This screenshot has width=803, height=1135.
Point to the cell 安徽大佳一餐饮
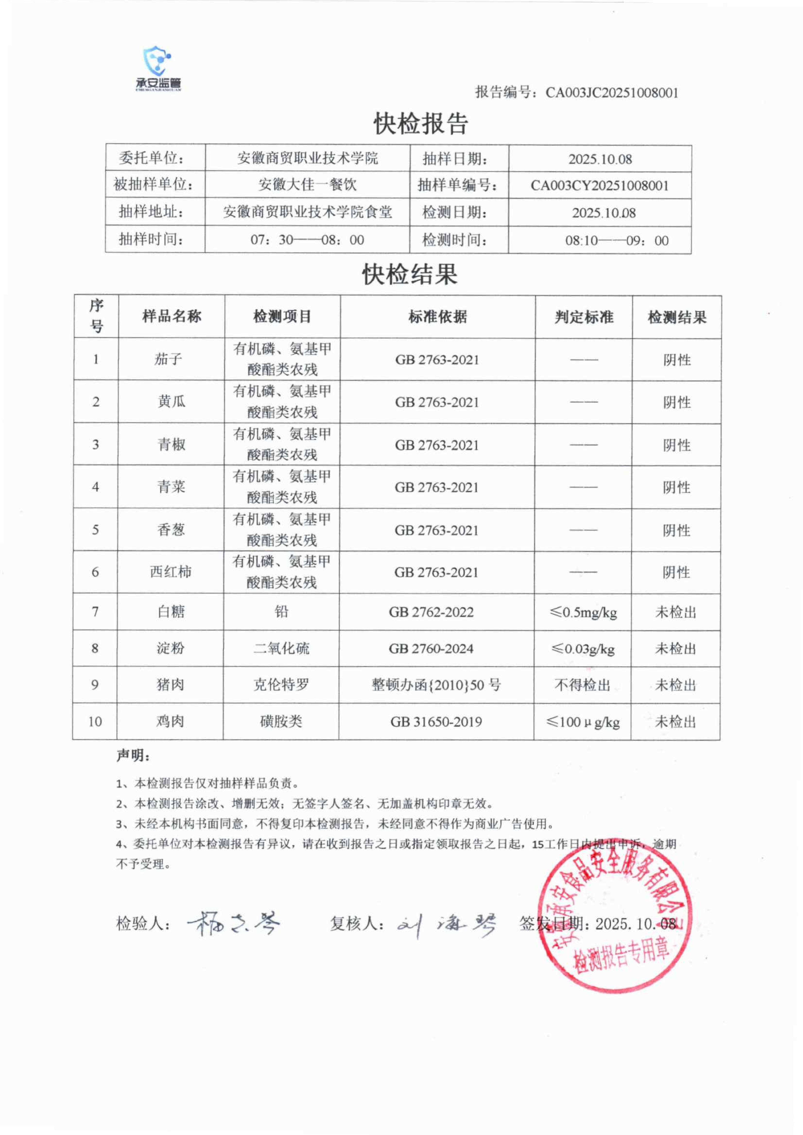point(307,185)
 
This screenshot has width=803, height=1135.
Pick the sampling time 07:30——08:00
point(307,240)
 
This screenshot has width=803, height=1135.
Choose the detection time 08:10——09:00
point(617,241)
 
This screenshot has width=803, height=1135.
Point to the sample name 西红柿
point(171,572)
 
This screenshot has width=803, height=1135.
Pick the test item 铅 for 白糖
point(281,612)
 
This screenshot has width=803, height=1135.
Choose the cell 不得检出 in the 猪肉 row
point(583,685)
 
